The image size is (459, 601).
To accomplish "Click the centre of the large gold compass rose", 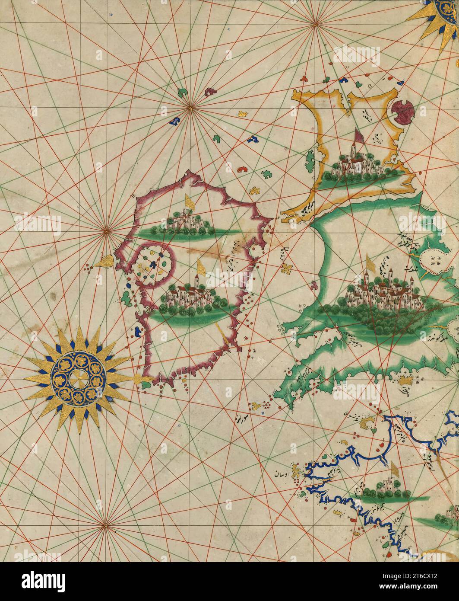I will pos(78,380).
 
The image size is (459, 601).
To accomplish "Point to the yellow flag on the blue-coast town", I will pos(394,469).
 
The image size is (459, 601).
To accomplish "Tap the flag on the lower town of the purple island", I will pos(200,267).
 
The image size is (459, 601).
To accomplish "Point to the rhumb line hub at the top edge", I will pos(316,25).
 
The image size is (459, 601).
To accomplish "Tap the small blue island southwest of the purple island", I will pos(138,332).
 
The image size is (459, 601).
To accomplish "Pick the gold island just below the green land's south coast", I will pos(405,381).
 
